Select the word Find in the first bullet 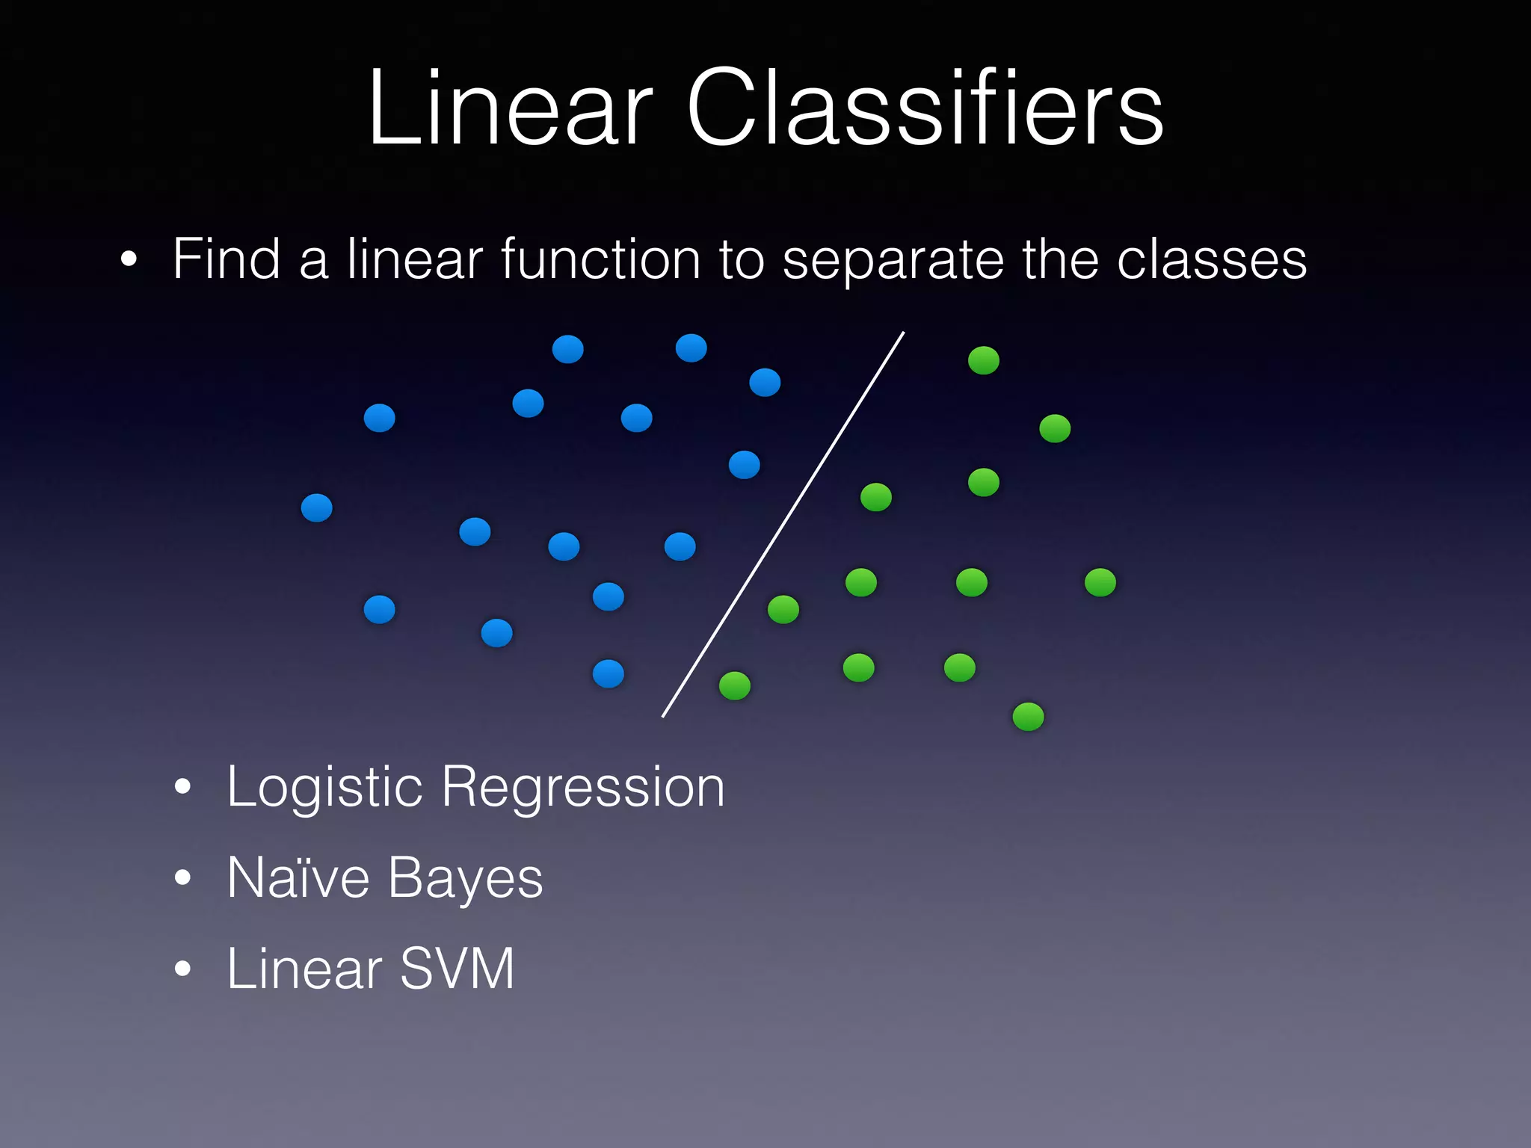(x=227, y=259)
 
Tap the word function (x=600, y=259)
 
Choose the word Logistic (x=324, y=788)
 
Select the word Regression (x=583, y=788)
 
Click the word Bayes (x=465, y=879)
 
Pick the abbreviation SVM (x=458, y=969)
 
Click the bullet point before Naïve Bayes (x=182, y=878)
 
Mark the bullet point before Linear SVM (x=182, y=969)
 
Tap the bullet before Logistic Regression (x=182, y=787)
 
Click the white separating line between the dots (x=783, y=525)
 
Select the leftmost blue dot (x=316, y=508)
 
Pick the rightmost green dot (x=1100, y=582)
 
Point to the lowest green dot (x=1028, y=717)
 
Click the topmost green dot (x=984, y=360)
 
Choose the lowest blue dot (x=609, y=674)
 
